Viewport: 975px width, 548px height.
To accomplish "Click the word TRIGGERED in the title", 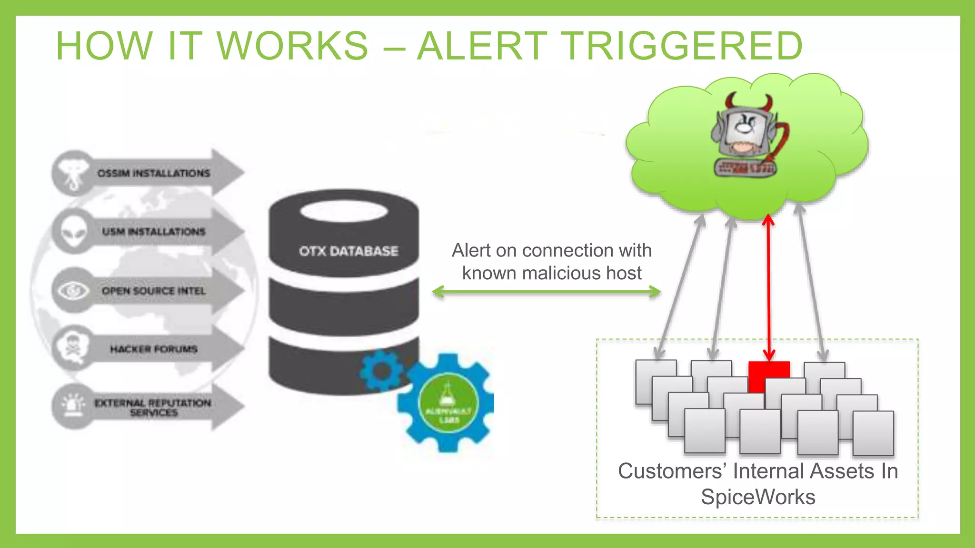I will click(x=681, y=46).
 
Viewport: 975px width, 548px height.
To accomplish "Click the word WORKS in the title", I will click(x=292, y=46).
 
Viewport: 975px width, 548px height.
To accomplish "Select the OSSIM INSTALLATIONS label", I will click(x=153, y=173).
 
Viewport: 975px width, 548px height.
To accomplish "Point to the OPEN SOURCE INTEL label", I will click(x=153, y=291).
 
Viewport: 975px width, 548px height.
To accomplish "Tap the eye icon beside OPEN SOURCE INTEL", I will click(x=73, y=290).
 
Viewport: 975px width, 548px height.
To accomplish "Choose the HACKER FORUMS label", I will click(x=153, y=349).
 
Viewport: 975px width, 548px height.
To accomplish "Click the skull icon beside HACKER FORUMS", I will click(x=73, y=347).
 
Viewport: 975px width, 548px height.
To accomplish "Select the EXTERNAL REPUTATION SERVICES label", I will click(x=152, y=408).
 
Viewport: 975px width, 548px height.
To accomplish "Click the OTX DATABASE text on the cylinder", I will click(x=348, y=251).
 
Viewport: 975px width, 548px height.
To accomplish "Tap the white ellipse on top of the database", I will click(x=344, y=211).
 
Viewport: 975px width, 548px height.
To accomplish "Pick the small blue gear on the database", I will click(x=381, y=371).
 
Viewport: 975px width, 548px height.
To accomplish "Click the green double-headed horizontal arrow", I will click(x=546, y=292).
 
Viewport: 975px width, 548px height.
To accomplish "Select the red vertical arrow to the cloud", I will click(x=768, y=285).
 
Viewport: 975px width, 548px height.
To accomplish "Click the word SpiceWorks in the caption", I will click(x=757, y=497).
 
